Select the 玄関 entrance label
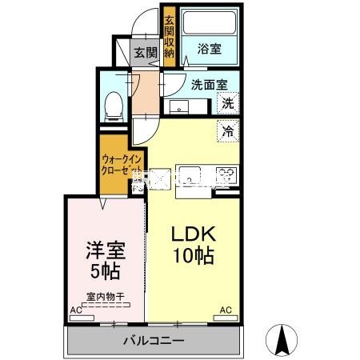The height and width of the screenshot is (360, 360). point(145,54)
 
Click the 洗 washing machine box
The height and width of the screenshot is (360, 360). point(228,102)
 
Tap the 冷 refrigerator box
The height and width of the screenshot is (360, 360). point(228,130)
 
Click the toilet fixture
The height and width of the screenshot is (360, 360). point(113,102)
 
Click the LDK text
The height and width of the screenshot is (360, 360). point(193,234)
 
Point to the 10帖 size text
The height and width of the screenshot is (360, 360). point(193,257)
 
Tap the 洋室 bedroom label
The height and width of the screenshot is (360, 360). point(104,250)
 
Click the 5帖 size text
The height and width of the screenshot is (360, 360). point(104,270)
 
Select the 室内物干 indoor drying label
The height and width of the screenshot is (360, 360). point(104,298)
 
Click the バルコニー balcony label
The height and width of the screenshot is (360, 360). point(154,340)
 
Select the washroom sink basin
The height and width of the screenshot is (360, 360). point(178,106)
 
